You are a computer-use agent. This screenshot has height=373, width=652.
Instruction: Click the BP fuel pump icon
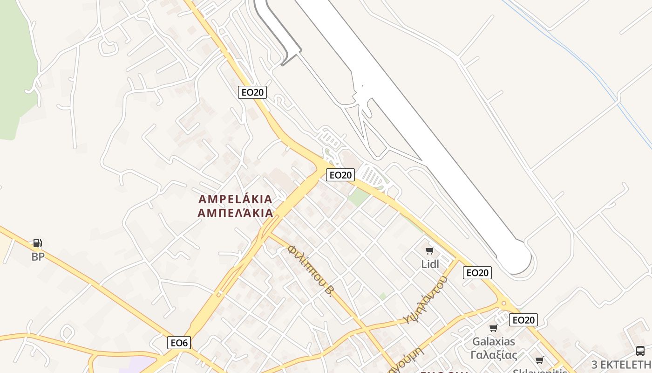(x=38, y=243)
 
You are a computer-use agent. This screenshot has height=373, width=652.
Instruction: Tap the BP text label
(x=38, y=256)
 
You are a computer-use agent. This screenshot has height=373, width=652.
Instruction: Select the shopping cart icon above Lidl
(x=430, y=251)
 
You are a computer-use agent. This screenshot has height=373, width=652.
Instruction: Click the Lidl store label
(x=430, y=264)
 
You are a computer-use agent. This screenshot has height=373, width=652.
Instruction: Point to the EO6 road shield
(x=179, y=343)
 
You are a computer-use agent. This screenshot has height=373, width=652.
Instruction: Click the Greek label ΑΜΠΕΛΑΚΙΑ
(x=235, y=214)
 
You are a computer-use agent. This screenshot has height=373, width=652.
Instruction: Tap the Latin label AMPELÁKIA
(x=235, y=200)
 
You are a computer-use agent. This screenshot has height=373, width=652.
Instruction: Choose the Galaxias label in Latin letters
(x=494, y=341)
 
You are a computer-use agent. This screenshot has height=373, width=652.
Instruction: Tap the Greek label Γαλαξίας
(x=494, y=355)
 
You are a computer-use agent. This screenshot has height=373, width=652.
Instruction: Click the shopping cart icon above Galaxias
(x=494, y=328)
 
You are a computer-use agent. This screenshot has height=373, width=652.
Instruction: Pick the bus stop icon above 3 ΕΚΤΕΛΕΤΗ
(x=640, y=351)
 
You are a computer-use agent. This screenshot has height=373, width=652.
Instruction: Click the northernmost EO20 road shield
(x=252, y=92)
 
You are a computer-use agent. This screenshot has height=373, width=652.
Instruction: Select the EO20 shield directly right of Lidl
(x=477, y=273)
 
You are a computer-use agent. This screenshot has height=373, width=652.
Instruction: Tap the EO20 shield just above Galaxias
(x=523, y=320)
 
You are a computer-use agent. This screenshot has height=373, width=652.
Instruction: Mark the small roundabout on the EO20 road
(x=503, y=304)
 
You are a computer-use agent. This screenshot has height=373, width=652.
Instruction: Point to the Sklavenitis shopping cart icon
(x=540, y=360)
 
